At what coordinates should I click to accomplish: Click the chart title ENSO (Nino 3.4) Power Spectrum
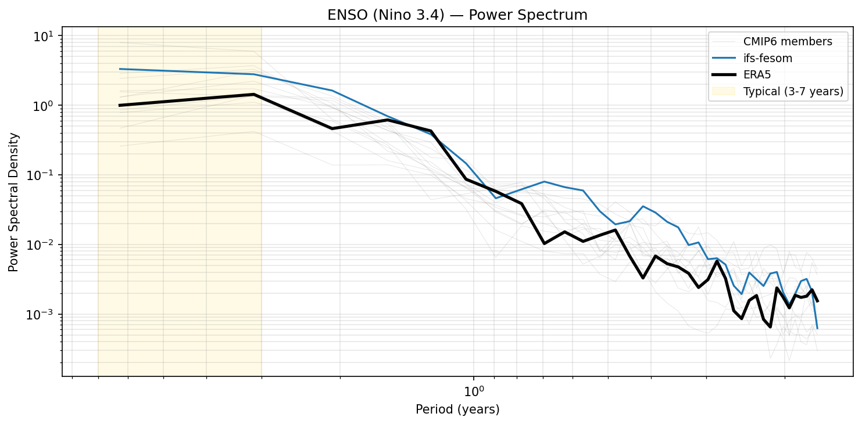(457, 16)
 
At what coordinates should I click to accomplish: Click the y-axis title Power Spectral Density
(13, 202)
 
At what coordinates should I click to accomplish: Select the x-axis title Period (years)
(457, 409)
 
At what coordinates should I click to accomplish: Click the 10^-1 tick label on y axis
(42, 175)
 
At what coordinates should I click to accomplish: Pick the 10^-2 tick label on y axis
(42, 245)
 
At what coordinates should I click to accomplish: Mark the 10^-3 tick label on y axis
(42, 315)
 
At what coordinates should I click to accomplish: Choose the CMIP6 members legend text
(788, 42)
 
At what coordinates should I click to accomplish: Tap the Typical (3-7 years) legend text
(793, 91)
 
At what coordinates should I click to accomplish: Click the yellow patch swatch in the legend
(724, 91)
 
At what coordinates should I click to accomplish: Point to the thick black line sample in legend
(724, 74)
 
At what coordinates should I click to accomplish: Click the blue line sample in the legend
(724, 58)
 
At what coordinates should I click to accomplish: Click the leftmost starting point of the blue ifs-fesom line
(119, 69)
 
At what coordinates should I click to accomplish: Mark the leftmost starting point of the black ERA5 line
(119, 105)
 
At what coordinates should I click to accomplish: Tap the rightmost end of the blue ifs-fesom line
(817, 329)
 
